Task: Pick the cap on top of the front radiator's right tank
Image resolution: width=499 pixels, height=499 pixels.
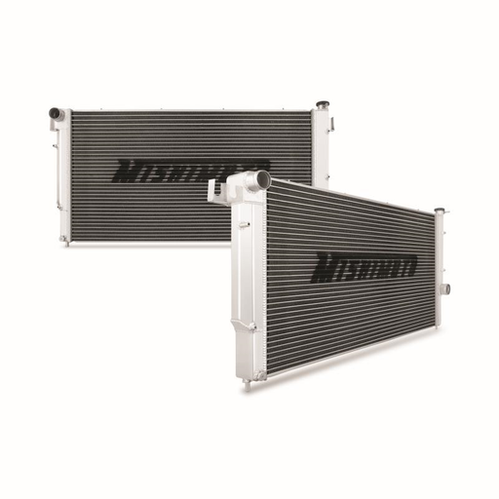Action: (438, 211)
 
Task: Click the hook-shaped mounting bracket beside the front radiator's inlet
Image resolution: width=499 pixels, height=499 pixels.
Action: (214, 192)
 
